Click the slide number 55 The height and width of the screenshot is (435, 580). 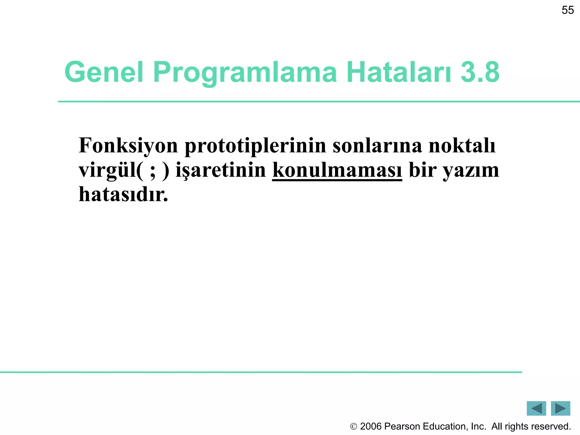click(x=568, y=10)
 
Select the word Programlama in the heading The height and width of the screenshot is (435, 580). click(x=245, y=72)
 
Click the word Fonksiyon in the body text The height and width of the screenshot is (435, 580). click(x=128, y=146)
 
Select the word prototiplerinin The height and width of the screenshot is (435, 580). click(x=255, y=146)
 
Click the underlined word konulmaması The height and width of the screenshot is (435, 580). click(x=337, y=170)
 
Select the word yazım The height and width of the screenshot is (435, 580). click(x=471, y=170)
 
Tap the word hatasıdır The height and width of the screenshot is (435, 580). click(x=123, y=195)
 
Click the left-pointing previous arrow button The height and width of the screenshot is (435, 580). click(x=536, y=408)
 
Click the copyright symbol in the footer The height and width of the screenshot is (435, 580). click(x=353, y=427)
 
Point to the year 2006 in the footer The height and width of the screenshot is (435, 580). click(x=371, y=427)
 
